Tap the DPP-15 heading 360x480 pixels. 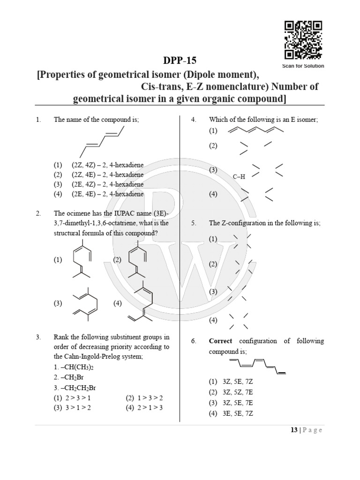coord(180,60)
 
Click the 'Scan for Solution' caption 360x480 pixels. coord(303,66)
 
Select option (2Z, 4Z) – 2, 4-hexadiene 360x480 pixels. coord(107,165)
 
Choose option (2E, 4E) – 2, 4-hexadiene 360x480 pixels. coord(107,194)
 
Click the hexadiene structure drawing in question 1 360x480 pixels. coord(100,141)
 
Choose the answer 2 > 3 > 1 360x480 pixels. coord(78,397)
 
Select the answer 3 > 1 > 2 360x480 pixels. coord(78,407)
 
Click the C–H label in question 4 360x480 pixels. coord(239,176)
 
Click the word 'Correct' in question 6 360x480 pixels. coord(220,341)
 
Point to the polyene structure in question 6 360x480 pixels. coord(257,366)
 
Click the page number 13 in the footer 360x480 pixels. coord(294,430)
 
